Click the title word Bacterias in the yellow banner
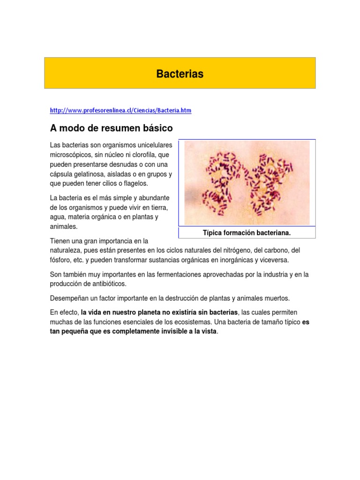(180, 74)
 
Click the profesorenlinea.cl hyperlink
(120, 111)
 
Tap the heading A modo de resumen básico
(112, 128)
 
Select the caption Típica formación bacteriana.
(247, 232)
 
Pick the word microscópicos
(70, 155)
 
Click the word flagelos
(133, 183)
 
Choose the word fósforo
(60, 260)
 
